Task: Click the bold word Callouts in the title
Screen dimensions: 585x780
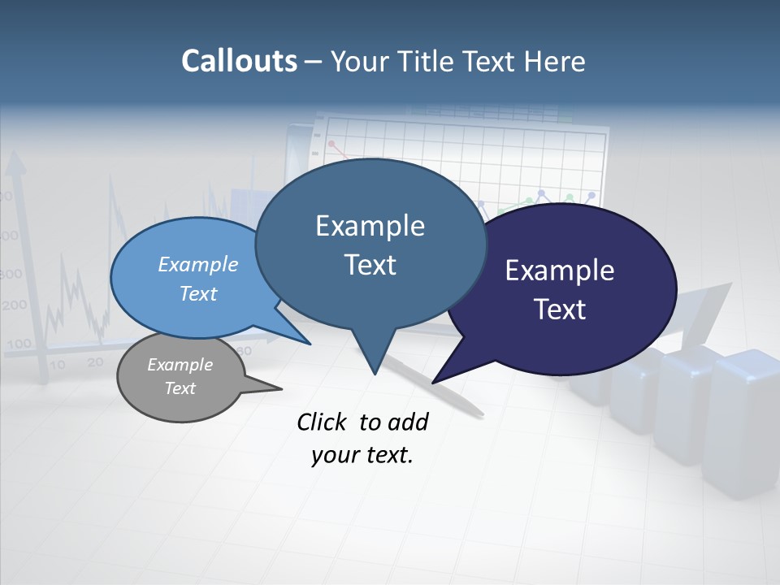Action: [239, 61]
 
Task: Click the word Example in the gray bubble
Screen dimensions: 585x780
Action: [180, 365]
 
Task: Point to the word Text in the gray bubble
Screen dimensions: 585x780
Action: [180, 388]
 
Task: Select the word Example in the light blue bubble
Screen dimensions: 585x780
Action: [197, 264]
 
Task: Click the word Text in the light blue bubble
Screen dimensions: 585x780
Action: [197, 293]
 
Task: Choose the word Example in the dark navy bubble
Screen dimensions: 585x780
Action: [559, 271]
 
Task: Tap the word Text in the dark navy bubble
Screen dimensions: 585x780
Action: [559, 310]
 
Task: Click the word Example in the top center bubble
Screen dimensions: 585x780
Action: [370, 226]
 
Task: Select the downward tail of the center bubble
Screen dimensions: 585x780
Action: [374, 362]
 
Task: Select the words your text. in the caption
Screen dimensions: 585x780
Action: [362, 455]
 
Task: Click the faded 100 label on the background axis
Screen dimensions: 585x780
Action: [18, 344]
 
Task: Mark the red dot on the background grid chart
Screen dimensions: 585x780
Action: [331, 144]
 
